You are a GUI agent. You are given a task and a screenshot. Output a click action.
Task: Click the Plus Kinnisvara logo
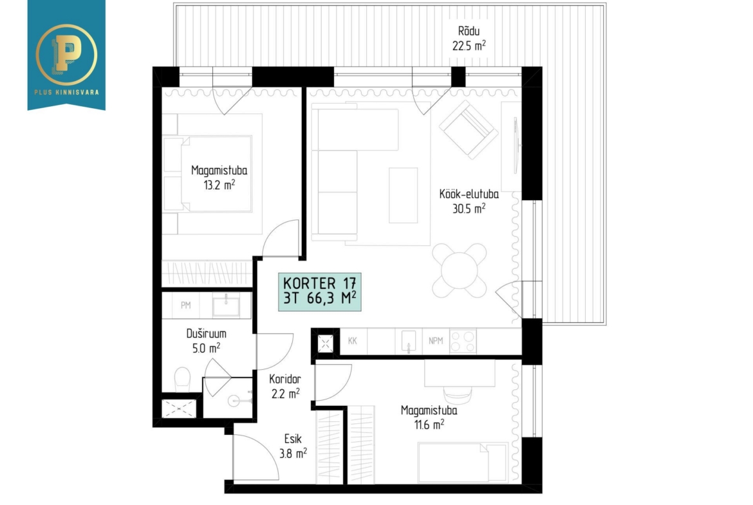(x=66, y=55)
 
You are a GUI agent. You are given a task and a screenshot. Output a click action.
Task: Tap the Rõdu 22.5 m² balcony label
(x=469, y=39)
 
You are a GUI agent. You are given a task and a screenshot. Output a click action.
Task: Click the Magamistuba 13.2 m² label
(x=219, y=178)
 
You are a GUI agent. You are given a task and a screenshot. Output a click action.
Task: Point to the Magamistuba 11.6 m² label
(x=429, y=418)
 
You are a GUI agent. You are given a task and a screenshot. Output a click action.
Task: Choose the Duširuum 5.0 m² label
(x=206, y=340)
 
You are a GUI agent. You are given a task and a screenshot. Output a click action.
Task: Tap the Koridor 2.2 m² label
(x=285, y=387)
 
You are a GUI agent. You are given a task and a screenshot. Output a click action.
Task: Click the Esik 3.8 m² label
(x=293, y=446)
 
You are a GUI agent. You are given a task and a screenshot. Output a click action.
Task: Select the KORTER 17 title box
(x=320, y=292)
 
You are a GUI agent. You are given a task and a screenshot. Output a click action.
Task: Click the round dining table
(x=460, y=270)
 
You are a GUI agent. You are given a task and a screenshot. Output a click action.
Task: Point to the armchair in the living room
(x=469, y=129)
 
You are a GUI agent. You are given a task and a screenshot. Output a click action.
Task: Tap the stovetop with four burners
(x=463, y=342)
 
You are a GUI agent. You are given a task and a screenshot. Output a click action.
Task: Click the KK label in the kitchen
(x=353, y=341)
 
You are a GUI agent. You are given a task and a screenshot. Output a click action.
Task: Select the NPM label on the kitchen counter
(x=436, y=341)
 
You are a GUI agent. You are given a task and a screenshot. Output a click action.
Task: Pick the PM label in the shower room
(x=186, y=306)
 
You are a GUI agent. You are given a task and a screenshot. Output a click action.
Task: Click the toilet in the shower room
(x=183, y=379)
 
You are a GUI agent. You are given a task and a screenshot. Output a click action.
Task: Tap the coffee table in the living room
(x=404, y=195)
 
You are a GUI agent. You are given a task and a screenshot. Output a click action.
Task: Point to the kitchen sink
(x=409, y=342)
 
